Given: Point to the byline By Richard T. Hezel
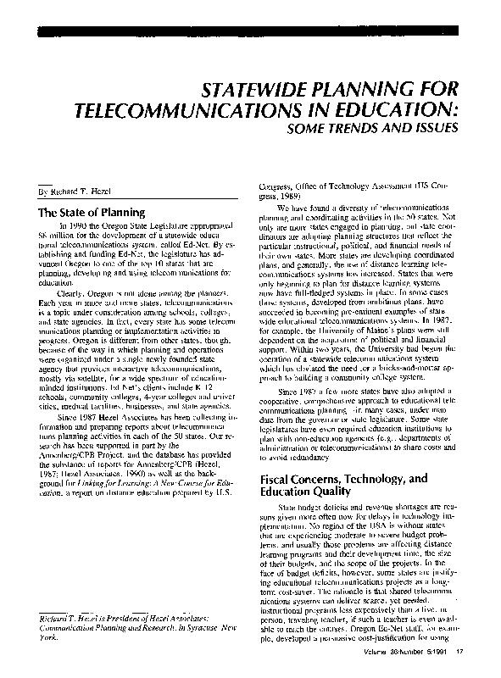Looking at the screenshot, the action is click(67, 192).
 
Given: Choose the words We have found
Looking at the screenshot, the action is click(298, 206).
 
